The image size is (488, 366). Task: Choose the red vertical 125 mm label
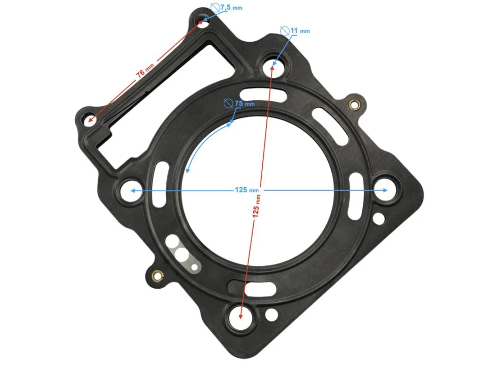tap(257, 205)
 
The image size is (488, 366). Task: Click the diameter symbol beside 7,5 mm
tap(215, 8)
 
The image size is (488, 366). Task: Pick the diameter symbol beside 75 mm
tap(229, 104)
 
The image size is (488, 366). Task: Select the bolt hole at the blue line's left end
tap(129, 191)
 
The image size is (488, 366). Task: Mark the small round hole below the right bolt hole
tap(379, 219)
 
